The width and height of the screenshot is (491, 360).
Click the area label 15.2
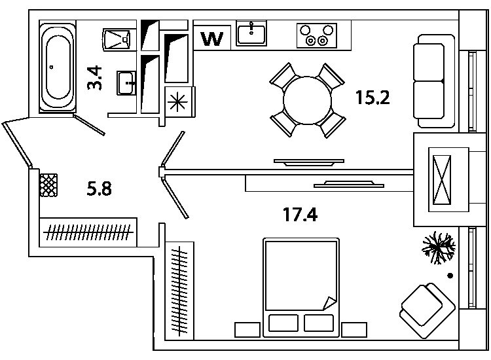tap(373, 98)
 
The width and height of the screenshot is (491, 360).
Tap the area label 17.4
tap(300, 215)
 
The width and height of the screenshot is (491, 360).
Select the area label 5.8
tap(99, 189)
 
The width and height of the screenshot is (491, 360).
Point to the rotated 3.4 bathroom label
tap(94, 78)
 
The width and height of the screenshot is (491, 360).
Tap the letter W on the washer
tap(212, 39)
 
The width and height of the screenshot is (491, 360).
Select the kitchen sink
tap(251, 33)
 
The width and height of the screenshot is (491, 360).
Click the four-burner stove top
tap(317, 35)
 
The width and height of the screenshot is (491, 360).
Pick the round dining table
tap(307, 100)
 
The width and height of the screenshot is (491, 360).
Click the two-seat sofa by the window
tap(433, 81)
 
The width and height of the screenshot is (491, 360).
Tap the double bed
tap(301, 287)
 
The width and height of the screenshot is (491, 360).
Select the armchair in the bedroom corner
tap(427, 310)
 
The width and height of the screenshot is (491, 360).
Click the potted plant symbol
tap(439, 247)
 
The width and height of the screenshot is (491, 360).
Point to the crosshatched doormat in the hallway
tap(48, 185)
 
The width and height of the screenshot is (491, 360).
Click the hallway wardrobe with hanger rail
tap(88, 232)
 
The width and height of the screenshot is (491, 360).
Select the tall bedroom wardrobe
tap(179, 291)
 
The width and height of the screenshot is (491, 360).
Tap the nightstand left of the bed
tap(247, 330)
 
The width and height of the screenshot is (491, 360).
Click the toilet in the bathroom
tap(116, 40)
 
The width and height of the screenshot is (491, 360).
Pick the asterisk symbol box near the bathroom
tap(177, 102)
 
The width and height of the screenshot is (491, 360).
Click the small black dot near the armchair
tap(450, 276)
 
